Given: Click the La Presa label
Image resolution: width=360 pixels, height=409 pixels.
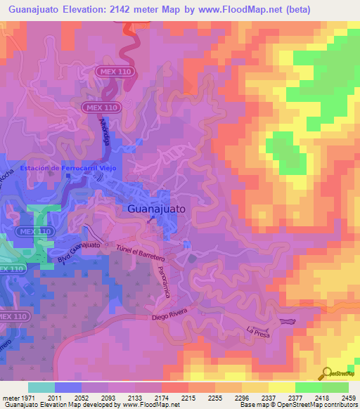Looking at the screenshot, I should point(258,330).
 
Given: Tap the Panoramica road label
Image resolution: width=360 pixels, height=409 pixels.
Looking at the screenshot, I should point(164,282).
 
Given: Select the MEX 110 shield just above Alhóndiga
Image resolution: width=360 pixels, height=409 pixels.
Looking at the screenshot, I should point(103,107).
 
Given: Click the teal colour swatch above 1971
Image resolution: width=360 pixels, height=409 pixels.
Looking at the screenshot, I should point(41,387).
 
